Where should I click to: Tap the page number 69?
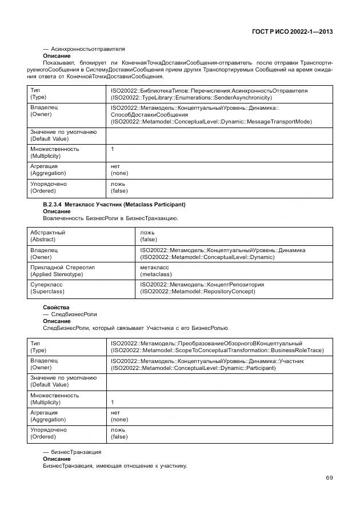click(329, 478)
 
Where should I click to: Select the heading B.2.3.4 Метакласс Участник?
click(114, 204)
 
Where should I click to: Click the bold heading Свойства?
click(56, 308)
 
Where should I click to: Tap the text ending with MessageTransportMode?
click(211, 122)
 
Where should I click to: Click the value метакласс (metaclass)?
click(155, 270)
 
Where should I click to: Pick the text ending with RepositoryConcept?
click(198, 292)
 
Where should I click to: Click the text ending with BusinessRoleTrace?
click(217, 350)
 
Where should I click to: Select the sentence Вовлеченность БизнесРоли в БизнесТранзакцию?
click(110, 218)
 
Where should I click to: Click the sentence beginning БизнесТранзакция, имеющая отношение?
click(115, 466)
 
